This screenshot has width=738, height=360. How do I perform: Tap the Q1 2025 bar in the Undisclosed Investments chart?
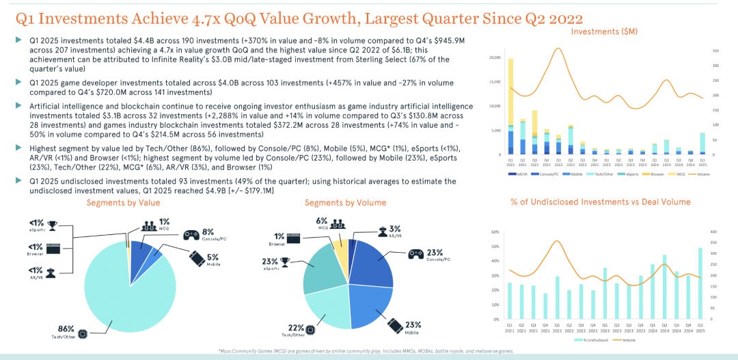(700, 283)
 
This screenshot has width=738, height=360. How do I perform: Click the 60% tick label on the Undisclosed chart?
(495, 232)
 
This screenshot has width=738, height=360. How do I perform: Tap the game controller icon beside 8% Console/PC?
(191, 234)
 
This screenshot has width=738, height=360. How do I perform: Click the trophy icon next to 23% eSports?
(285, 260)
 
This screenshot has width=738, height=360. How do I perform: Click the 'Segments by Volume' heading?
(345, 203)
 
